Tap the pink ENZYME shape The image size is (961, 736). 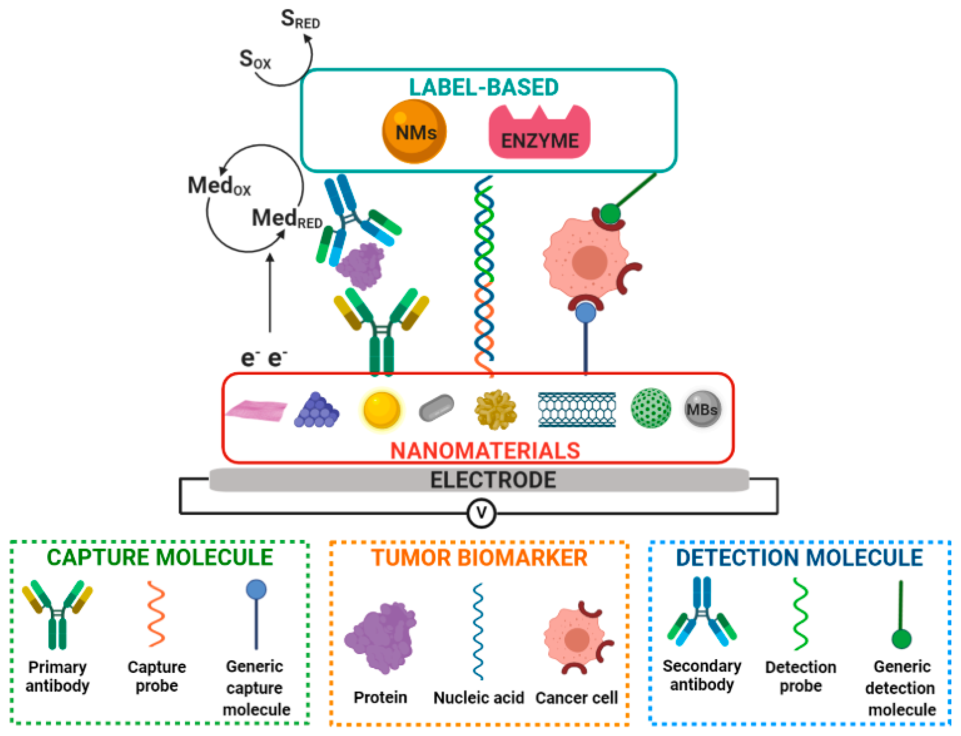click(539, 134)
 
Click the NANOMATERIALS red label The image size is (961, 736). click(485, 451)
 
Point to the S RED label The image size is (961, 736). click(300, 20)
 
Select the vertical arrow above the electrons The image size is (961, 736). click(270, 294)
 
